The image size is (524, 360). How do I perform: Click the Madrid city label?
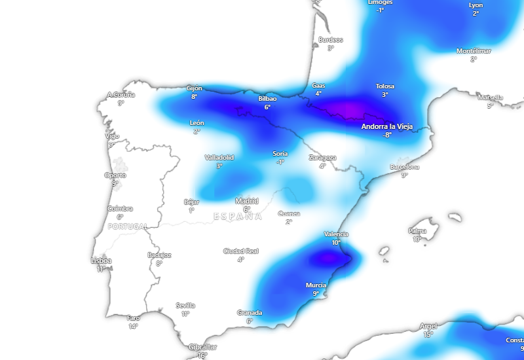tap(247, 201)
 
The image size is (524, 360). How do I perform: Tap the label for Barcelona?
tap(404, 167)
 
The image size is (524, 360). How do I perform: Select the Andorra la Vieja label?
tap(388, 126)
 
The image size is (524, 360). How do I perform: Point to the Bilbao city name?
tap(267, 99)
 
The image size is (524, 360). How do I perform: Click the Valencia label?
tap(336, 234)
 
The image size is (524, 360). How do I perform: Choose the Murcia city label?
tap(316, 285)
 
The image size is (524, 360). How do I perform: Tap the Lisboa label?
tap(101, 261)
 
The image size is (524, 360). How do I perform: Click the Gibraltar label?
tap(202, 347)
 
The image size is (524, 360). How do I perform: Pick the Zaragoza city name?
tap(322, 158)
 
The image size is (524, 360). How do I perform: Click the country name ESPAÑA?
tap(238, 216)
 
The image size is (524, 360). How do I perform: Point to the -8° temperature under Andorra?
tap(387, 135)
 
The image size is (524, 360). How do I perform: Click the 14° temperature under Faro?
tap(134, 326)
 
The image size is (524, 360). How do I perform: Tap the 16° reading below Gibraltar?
tap(202, 355)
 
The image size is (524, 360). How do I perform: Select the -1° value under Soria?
tap(280, 162)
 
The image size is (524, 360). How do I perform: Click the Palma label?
tap(417, 230)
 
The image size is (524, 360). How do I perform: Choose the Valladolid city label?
tap(219, 158)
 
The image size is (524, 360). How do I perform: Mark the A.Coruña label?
tap(121, 95)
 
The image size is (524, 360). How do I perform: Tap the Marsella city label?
tap(491, 98)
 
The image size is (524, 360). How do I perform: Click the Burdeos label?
tap(331, 40)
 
